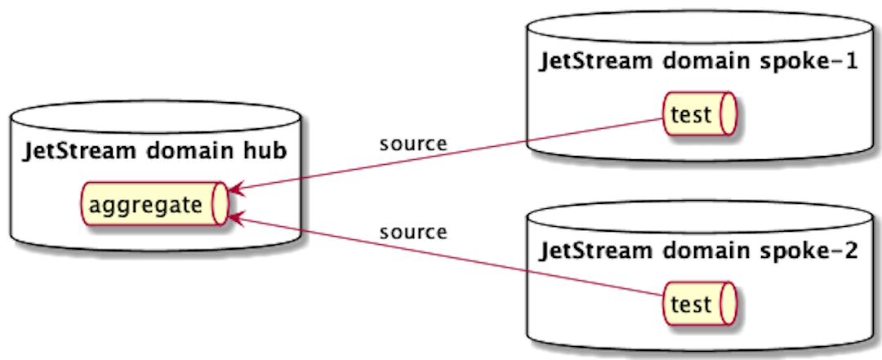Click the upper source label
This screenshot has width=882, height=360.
coord(413,144)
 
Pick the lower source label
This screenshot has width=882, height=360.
coord(413,232)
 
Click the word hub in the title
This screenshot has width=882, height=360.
coord(267,152)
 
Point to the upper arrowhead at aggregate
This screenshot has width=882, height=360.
coord(235,190)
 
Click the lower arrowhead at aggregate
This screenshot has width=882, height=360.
coord(235,217)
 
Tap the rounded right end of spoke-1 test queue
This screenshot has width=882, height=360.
coord(729,114)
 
